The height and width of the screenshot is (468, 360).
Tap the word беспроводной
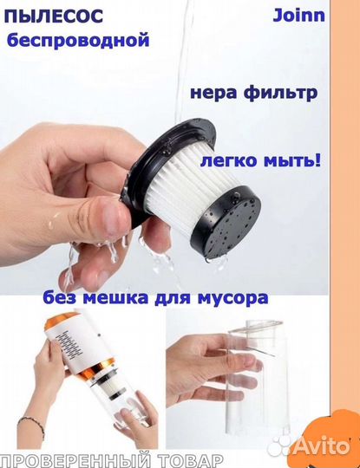(x=77, y=40)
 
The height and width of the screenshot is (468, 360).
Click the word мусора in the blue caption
(x=233, y=298)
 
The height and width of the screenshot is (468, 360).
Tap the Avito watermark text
(x=324, y=445)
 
